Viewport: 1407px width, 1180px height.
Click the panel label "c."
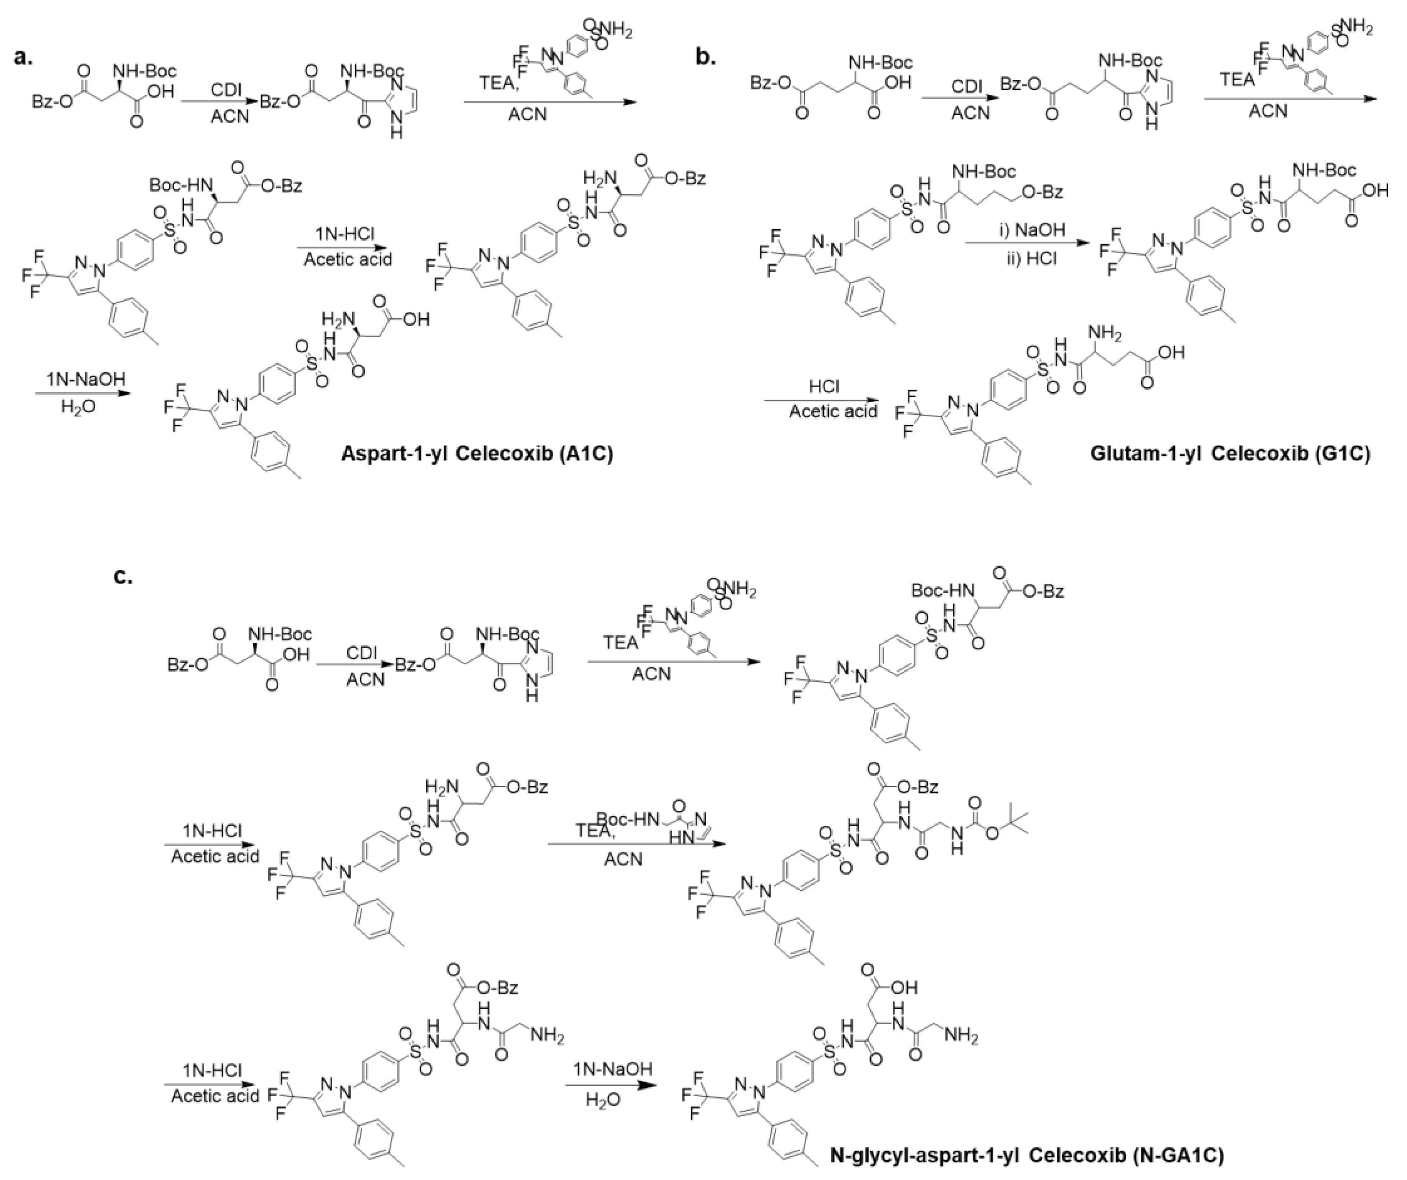tap(122, 576)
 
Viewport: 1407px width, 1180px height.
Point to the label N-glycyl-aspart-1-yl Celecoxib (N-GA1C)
tap(1026, 1155)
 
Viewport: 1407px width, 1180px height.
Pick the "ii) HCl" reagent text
tap(1032, 257)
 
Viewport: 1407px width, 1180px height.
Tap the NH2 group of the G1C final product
tap(1103, 332)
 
